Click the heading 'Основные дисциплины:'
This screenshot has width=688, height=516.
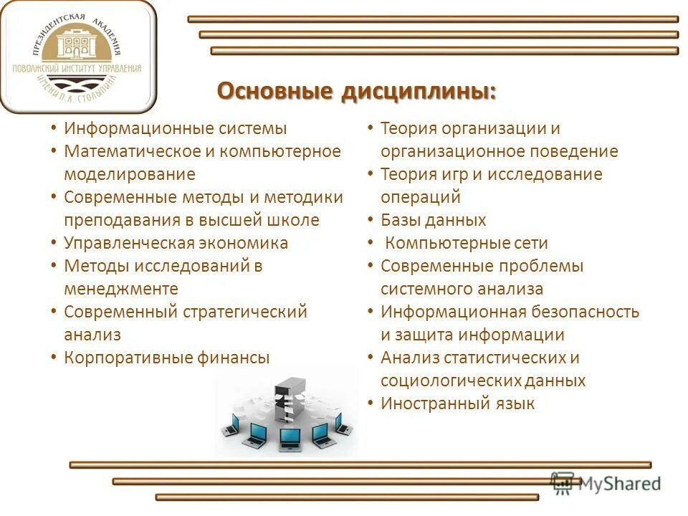(356, 92)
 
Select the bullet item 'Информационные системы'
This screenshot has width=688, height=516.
(175, 129)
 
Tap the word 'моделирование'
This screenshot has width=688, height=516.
(129, 174)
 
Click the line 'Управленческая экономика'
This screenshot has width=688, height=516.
(176, 243)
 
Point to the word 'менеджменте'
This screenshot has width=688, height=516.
(120, 289)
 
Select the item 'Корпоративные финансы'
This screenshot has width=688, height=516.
(166, 358)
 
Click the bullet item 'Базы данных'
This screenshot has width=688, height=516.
(433, 220)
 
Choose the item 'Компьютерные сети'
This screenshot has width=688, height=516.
(466, 243)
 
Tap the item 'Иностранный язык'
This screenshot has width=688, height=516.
(457, 403)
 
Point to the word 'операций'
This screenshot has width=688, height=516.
(420, 197)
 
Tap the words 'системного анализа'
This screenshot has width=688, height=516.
(462, 289)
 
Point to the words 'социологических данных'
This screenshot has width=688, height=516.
(483, 381)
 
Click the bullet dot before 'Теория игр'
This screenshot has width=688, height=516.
(370, 173)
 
